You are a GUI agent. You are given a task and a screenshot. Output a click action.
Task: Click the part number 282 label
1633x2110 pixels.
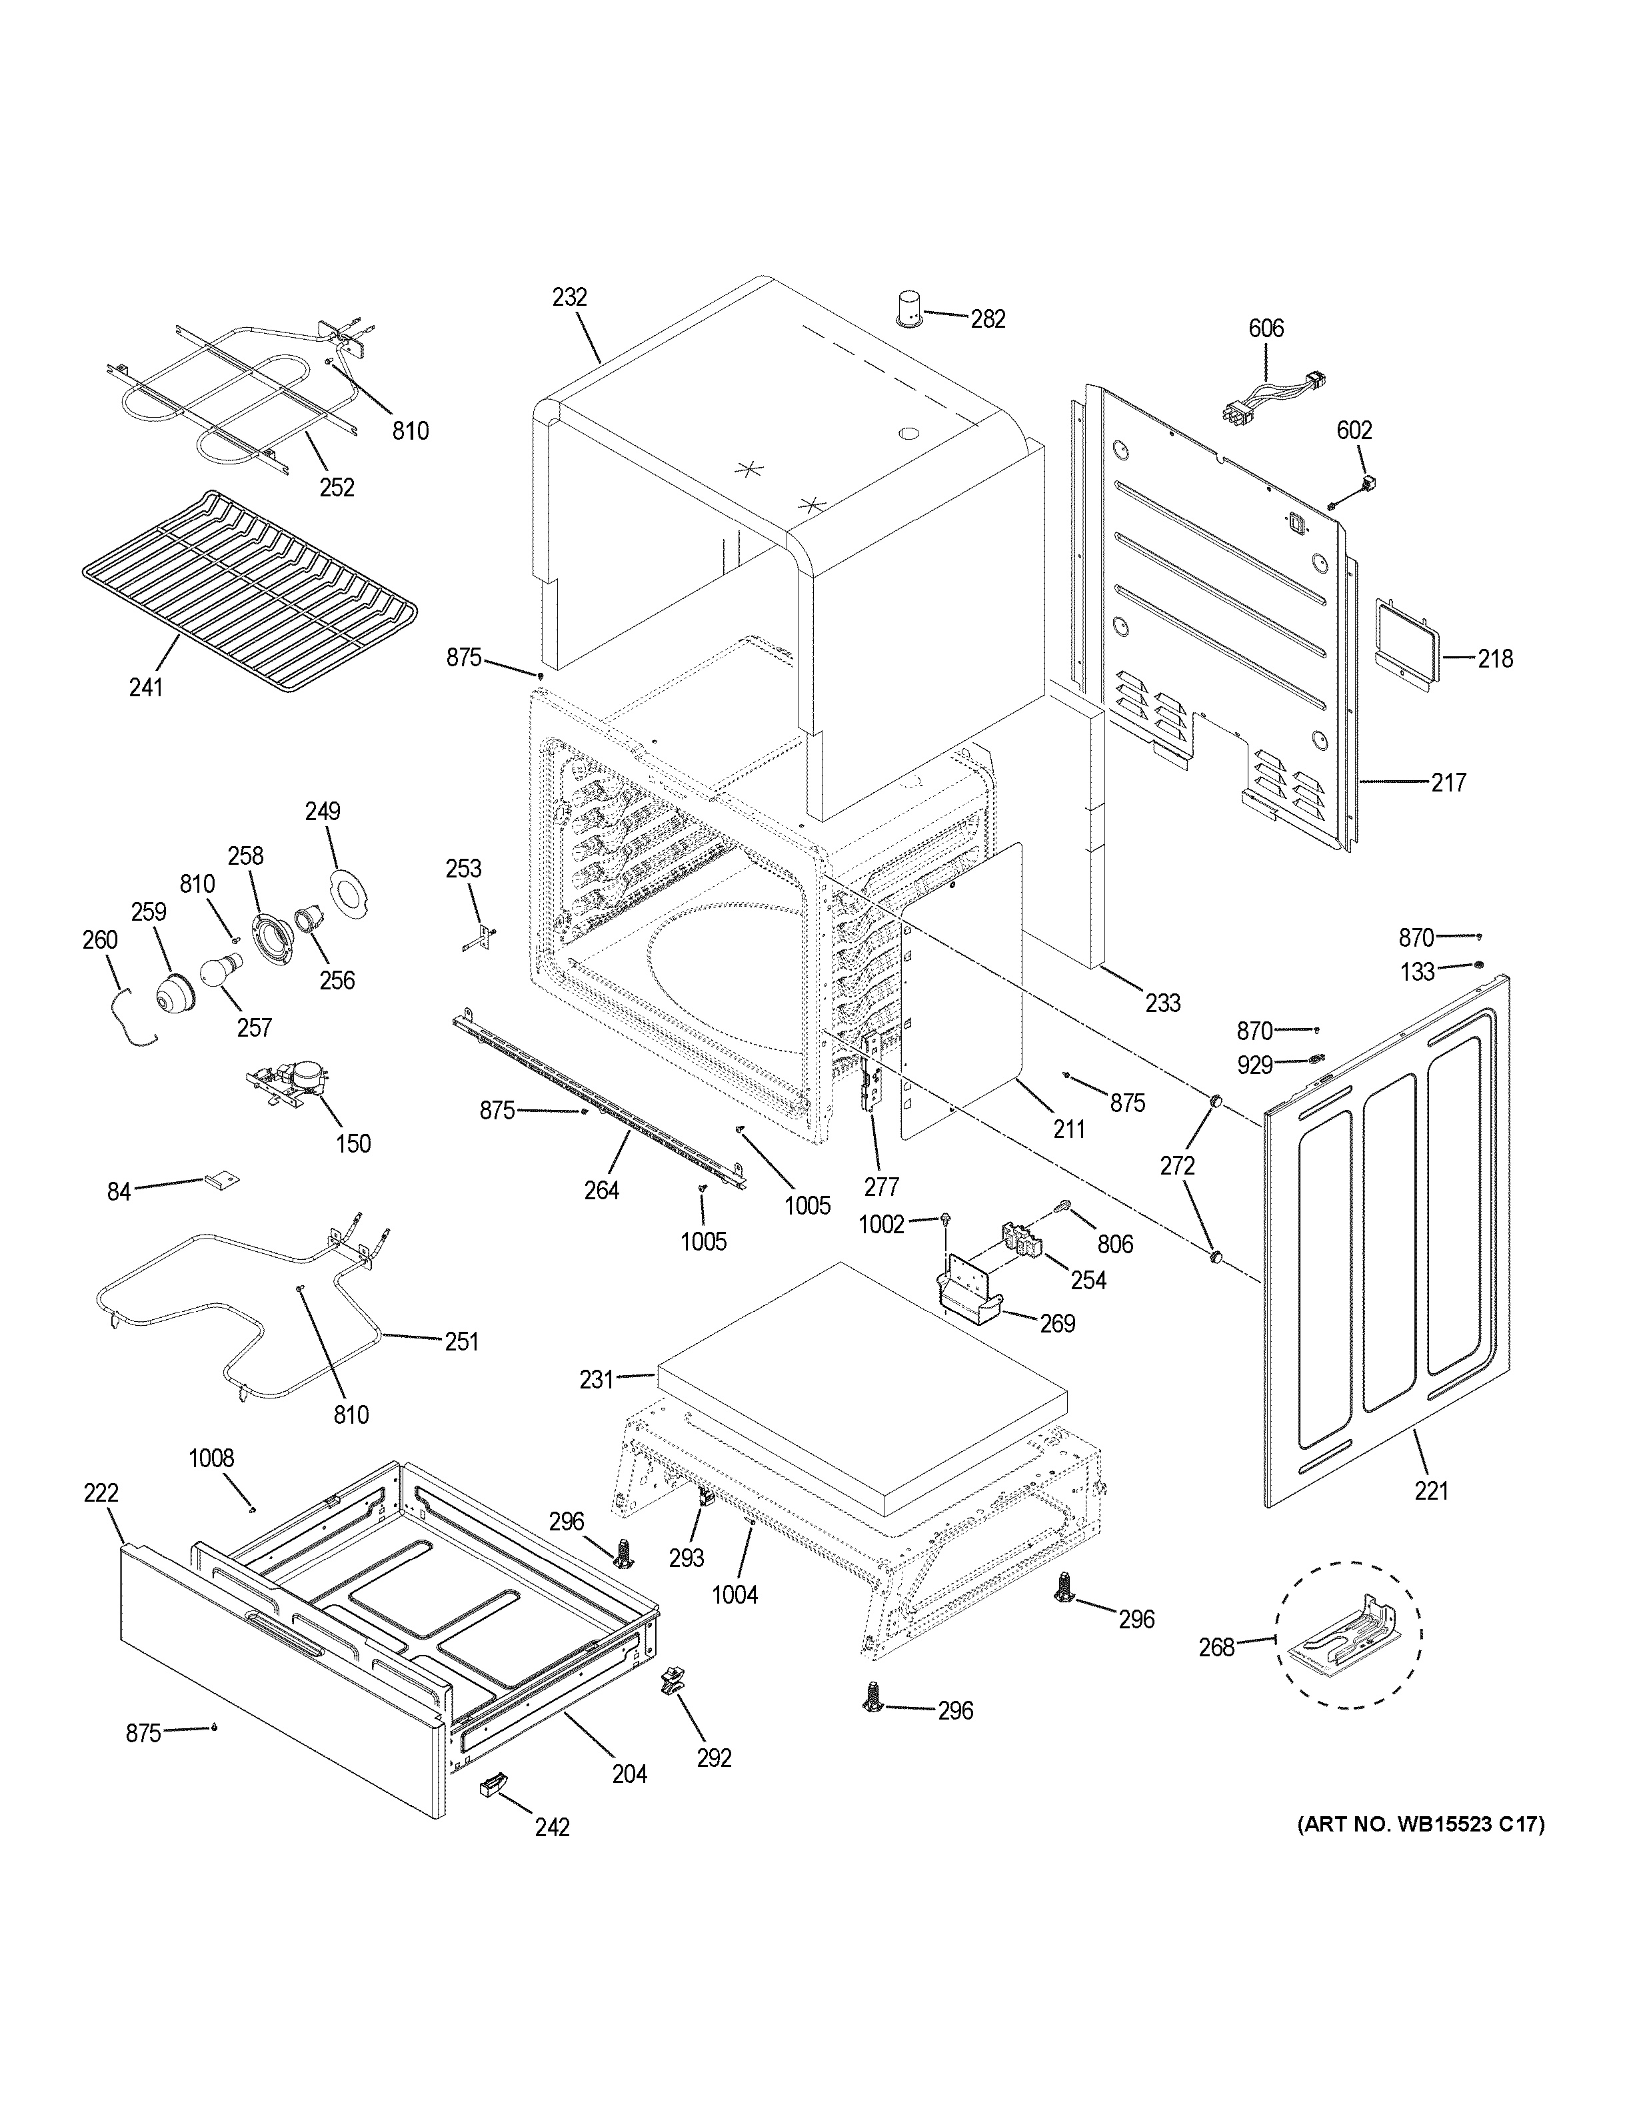(x=988, y=319)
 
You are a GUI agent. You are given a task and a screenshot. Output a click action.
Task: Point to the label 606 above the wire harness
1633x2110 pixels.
(x=1266, y=328)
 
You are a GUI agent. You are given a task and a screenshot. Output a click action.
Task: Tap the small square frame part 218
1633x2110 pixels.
(x=1403, y=644)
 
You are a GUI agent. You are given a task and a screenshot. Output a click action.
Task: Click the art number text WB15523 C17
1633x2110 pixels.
(x=1420, y=1824)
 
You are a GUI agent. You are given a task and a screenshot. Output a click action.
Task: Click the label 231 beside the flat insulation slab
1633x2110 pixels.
(x=596, y=1380)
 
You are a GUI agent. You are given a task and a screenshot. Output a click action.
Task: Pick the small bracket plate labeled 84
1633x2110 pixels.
(x=221, y=1180)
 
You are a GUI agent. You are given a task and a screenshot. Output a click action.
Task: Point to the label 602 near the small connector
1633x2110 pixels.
(x=1354, y=430)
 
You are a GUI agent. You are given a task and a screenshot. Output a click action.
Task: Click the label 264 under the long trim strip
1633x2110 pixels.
(x=601, y=1191)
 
